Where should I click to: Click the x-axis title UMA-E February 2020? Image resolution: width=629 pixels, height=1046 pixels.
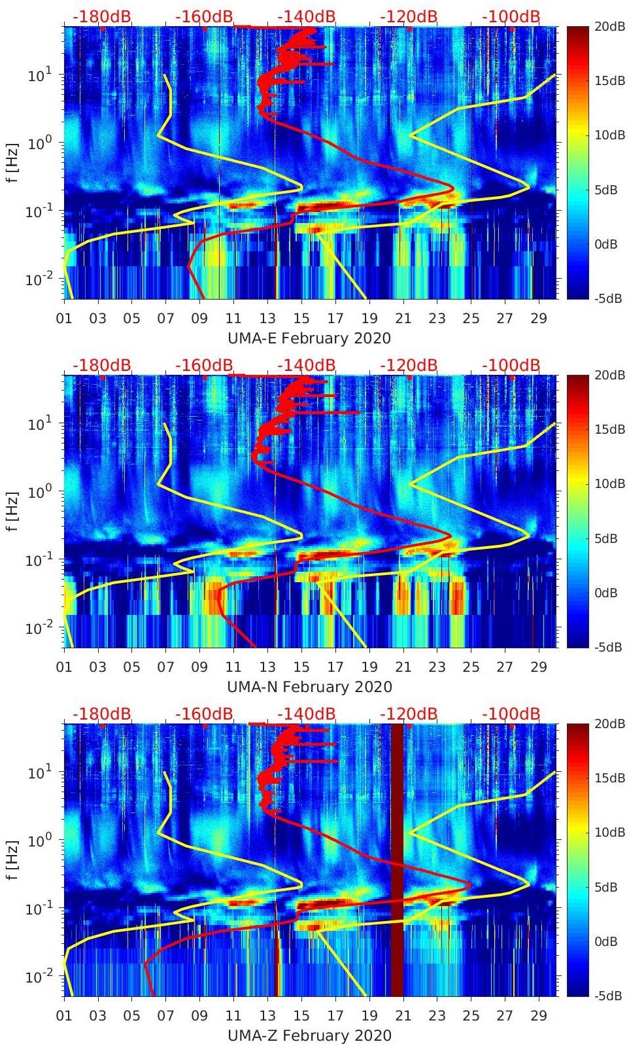click(309, 338)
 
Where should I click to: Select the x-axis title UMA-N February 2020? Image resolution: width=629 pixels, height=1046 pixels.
click(309, 687)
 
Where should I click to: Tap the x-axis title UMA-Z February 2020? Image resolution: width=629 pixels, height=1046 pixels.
click(309, 1036)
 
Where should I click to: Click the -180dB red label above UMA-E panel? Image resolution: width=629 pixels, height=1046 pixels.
click(101, 16)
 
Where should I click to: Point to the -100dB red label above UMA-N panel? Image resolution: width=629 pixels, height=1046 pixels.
click(511, 365)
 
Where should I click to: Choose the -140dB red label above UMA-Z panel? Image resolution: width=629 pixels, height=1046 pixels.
click(306, 714)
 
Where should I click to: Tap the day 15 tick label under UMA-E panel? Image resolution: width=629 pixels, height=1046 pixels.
click(301, 319)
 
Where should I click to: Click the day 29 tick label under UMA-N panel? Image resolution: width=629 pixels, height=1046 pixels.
click(539, 667)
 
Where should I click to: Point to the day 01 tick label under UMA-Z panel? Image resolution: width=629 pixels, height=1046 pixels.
click(64, 1016)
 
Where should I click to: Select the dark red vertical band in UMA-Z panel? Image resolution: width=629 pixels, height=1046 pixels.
click(398, 860)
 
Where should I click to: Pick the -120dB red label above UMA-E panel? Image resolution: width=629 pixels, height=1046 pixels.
click(409, 16)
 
